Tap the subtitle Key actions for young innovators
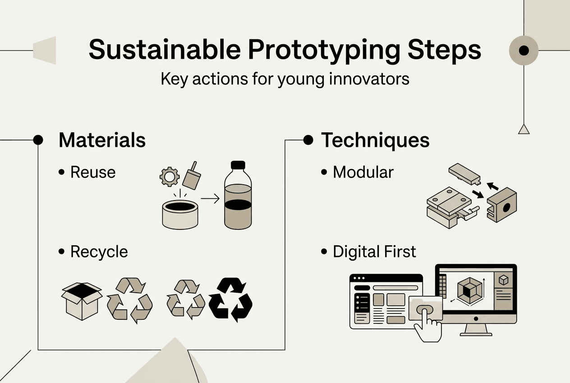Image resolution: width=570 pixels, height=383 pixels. (x=285, y=79)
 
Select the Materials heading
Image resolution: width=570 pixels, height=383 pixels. (x=102, y=140)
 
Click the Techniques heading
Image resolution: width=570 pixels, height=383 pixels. (x=375, y=140)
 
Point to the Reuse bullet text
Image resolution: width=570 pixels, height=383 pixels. (x=93, y=172)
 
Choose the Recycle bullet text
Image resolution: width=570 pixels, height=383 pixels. (x=99, y=252)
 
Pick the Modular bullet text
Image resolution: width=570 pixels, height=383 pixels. (x=363, y=172)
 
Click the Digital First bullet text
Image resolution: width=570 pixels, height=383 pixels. (x=374, y=252)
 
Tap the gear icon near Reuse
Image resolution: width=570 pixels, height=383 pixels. (x=170, y=177)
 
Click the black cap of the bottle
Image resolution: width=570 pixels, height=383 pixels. (x=238, y=165)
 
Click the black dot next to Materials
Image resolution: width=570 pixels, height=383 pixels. (x=38, y=140)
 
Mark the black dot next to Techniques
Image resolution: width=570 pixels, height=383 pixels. (x=308, y=140)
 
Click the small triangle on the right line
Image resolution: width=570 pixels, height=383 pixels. (x=523, y=130)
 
